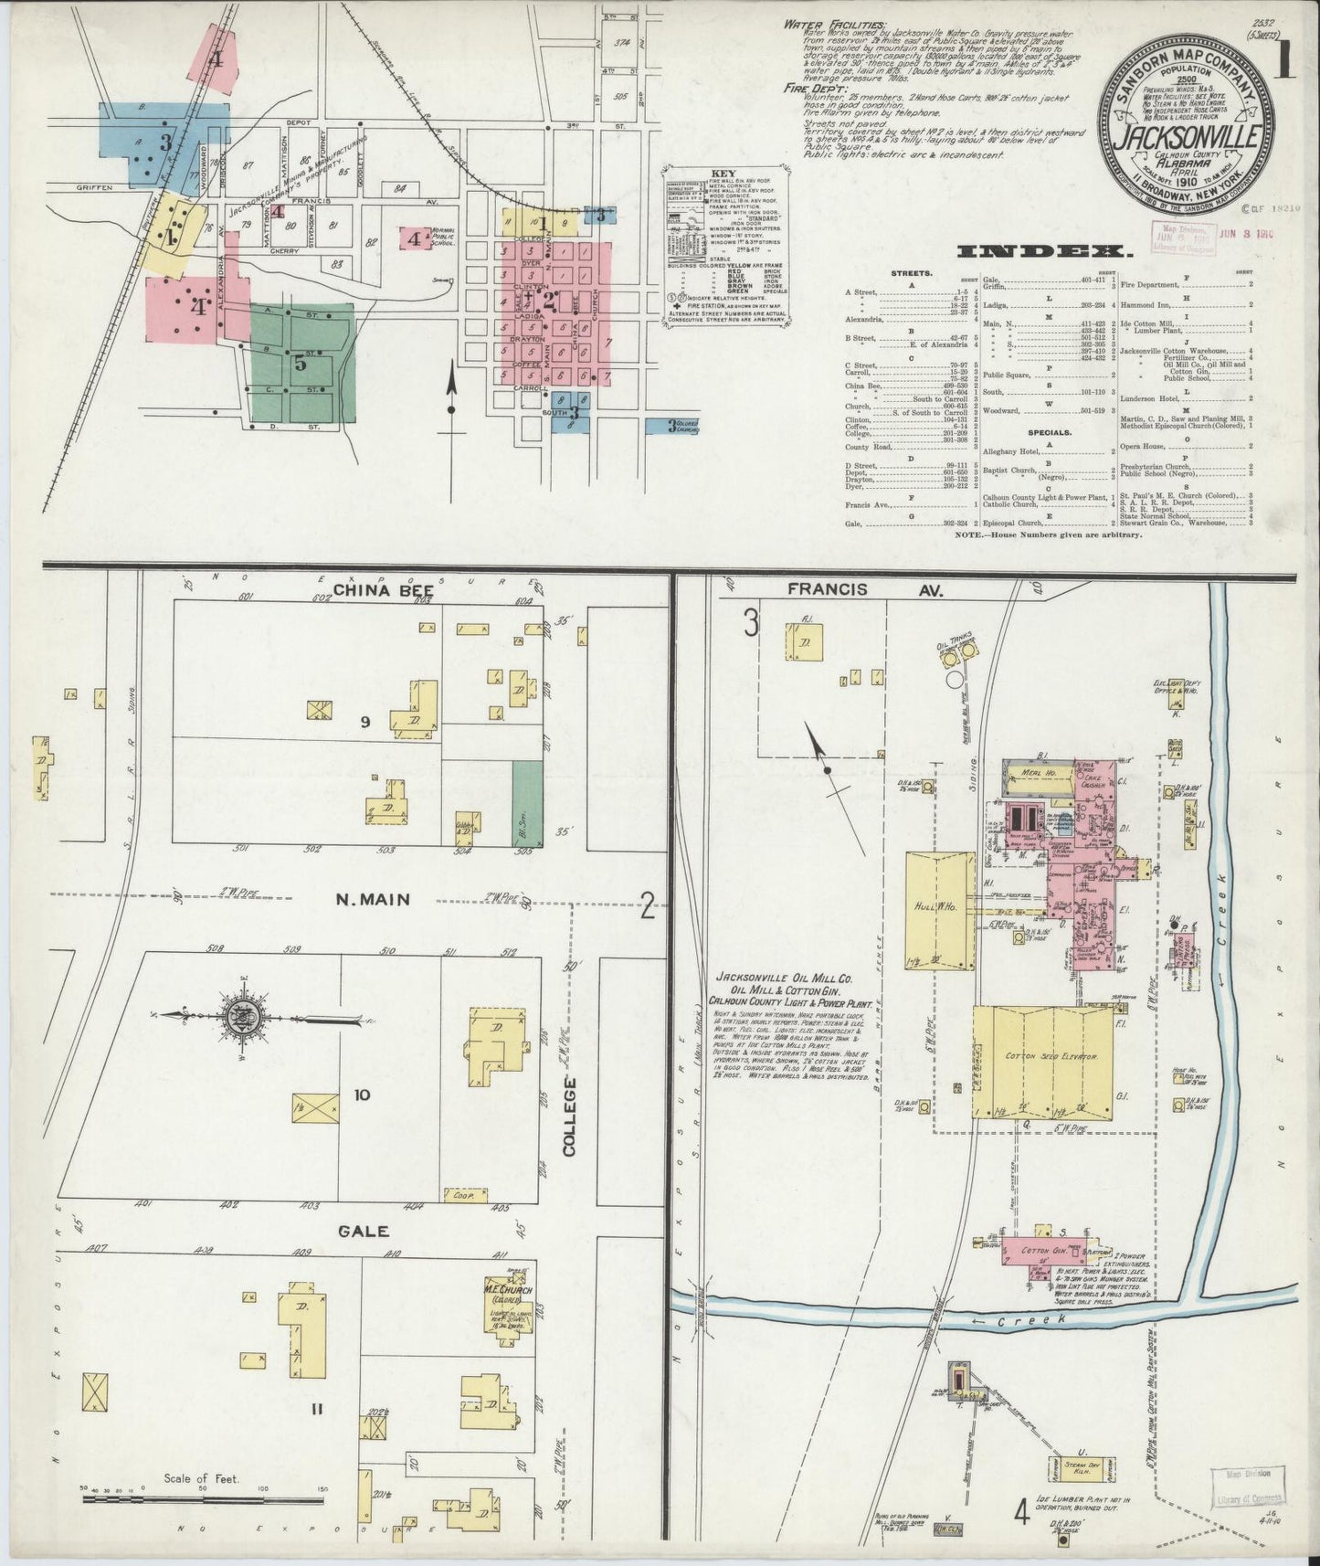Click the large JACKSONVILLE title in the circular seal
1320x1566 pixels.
1187,140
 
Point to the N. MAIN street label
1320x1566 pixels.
373,899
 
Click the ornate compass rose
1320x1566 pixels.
246,1014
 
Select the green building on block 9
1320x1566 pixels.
524,804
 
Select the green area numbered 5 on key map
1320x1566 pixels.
301,362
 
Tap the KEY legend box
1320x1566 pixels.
722,246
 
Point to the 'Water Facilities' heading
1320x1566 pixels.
833,24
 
